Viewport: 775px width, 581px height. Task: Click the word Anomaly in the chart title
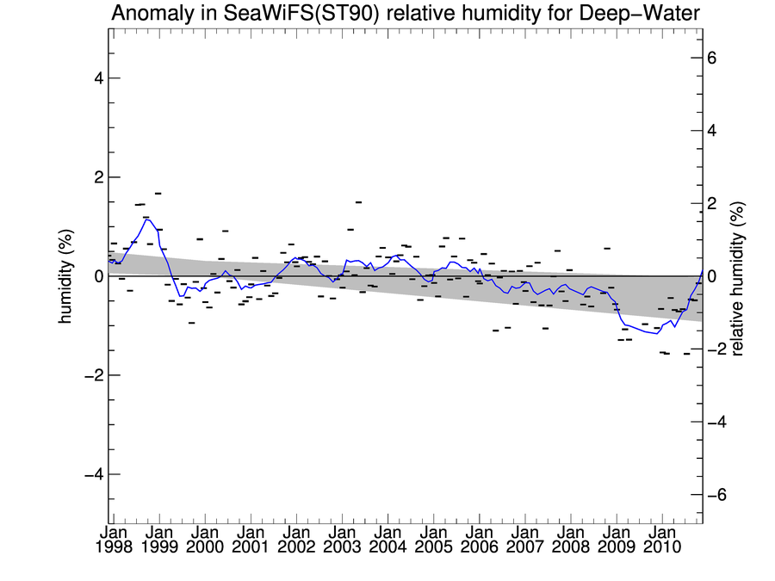(x=149, y=13)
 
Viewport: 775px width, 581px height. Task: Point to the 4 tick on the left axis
(x=97, y=78)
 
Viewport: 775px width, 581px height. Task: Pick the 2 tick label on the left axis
(x=97, y=177)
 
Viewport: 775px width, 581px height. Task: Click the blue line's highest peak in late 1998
(x=147, y=219)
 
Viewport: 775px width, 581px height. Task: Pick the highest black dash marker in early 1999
(x=158, y=194)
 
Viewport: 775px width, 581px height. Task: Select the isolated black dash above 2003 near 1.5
(x=357, y=202)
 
